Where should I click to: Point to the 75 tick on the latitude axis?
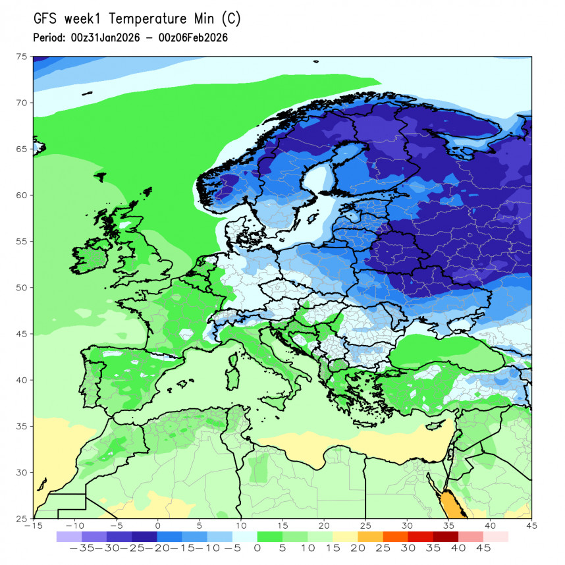pos(22,57)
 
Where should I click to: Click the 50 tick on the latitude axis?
pos(22,288)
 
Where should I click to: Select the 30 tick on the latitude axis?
pos(22,472)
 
